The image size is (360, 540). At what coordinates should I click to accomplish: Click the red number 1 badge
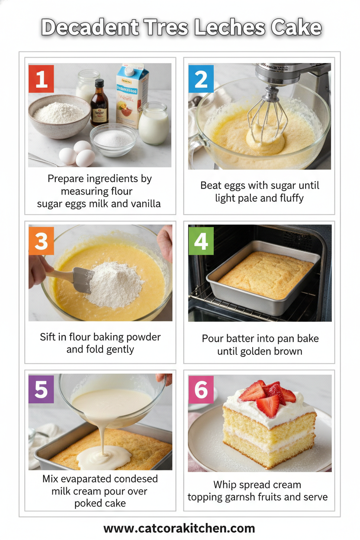[x=41, y=79]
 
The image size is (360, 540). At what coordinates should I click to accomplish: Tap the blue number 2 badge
[x=201, y=79]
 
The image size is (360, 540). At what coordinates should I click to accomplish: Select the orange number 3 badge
[x=41, y=241]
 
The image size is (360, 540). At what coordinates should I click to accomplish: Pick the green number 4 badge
[x=201, y=241]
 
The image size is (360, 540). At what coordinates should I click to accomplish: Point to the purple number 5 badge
[x=41, y=389]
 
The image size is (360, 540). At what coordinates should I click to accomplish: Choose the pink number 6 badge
[x=201, y=389]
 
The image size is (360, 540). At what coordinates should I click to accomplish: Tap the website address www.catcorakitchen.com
[x=179, y=528]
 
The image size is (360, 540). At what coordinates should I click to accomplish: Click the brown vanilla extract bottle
[x=100, y=104]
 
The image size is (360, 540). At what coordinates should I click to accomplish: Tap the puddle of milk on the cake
[x=104, y=456]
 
